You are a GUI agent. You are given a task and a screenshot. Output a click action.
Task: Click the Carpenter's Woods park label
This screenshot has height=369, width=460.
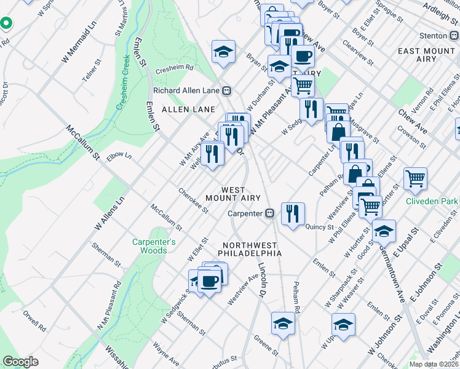click(154, 246)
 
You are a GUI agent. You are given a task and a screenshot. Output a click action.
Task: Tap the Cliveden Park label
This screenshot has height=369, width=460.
click(431, 200)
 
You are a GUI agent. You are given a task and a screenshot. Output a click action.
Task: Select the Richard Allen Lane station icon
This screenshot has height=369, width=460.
click(227, 90)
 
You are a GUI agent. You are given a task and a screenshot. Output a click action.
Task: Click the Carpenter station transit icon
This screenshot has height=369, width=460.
click(269, 214)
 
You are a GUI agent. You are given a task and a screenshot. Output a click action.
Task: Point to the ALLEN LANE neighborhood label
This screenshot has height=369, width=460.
click(188, 109)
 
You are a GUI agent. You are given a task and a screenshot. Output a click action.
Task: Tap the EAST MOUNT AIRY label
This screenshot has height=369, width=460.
click(427, 55)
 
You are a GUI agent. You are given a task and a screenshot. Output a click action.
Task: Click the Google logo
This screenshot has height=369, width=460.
click(20, 362)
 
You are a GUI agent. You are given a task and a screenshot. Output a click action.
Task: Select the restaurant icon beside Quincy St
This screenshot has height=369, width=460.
click(293, 213)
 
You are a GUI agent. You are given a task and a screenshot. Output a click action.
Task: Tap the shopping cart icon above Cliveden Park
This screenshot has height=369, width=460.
click(416, 178)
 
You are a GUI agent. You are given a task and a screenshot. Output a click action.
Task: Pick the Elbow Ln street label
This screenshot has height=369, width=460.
click(119, 156)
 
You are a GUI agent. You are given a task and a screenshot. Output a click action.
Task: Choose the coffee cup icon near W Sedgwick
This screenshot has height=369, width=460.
click(209, 281)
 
